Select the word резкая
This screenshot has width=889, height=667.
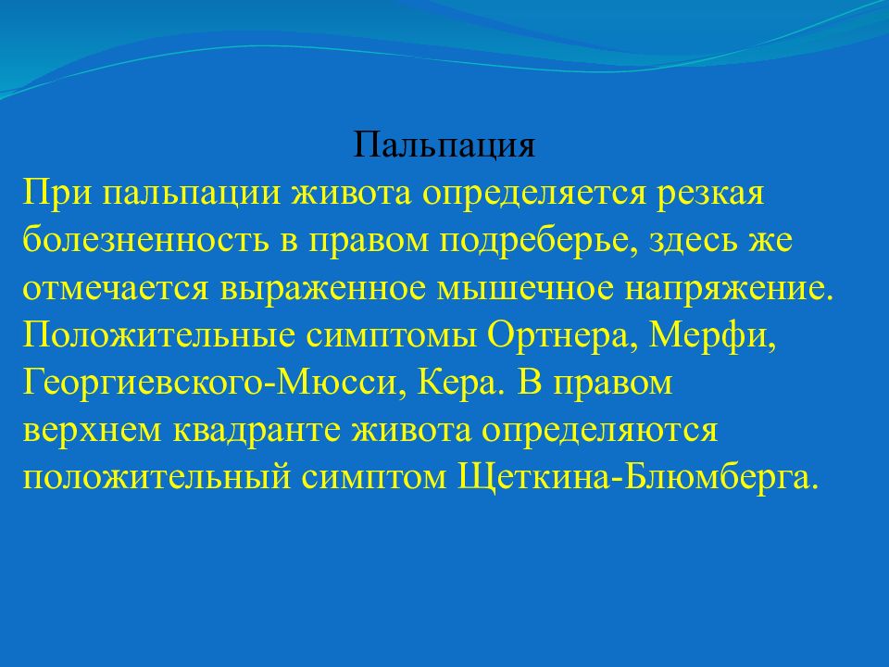710,194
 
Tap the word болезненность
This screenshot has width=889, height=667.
145,240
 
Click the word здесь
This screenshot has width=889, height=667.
693,241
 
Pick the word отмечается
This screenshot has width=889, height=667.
116,289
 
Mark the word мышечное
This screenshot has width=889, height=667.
525,289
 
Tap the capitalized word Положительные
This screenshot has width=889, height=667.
159,335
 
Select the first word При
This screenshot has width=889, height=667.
56,194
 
